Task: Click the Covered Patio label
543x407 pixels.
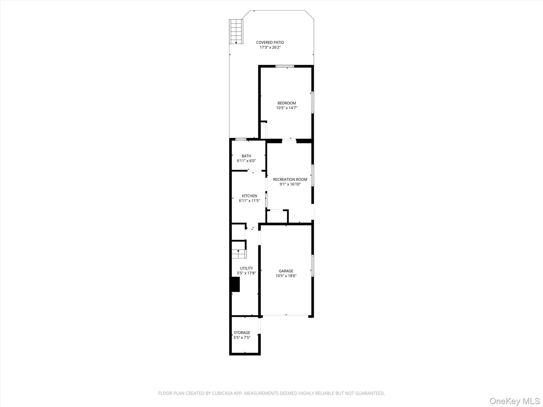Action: [x=270, y=42]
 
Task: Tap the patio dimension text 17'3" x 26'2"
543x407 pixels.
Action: [x=270, y=47]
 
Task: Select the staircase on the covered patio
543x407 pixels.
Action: [x=236, y=32]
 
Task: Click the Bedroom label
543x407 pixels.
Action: [x=287, y=103]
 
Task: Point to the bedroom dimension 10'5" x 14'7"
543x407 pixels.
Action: [x=287, y=108]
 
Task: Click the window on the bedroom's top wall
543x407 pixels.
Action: [x=285, y=66]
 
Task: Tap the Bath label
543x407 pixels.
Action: [x=246, y=156]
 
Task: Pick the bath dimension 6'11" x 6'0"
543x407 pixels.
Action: [x=246, y=161]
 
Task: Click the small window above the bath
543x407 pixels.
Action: [x=241, y=139]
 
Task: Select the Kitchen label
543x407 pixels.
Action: [x=249, y=196]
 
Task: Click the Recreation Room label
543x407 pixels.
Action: [x=290, y=179]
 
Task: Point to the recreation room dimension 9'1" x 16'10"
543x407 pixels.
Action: [x=290, y=184]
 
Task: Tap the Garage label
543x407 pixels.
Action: [x=286, y=271]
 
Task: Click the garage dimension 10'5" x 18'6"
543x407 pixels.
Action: [x=286, y=276]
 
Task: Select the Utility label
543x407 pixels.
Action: [x=246, y=268]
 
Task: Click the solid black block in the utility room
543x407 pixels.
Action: [x=235, y=284]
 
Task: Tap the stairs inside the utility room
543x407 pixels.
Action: [x=239, y=254]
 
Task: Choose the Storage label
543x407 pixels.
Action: [x=242, y=333]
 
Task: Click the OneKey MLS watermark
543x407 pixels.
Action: [x=515, y=401]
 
